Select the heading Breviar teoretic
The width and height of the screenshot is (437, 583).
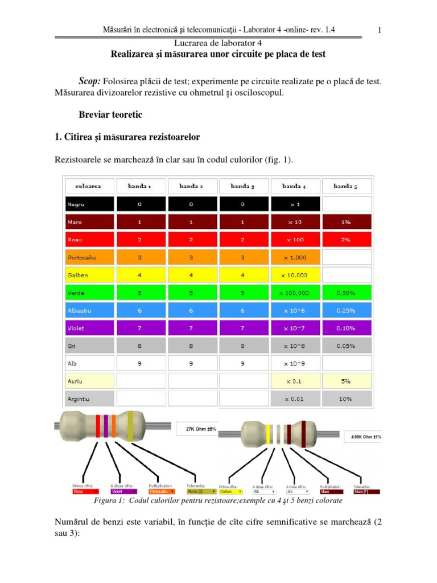coord(110,114)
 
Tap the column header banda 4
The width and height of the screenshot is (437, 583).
coord(296,186)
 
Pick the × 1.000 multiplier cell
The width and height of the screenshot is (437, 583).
coord(296,257)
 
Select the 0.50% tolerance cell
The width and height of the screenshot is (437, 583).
coord(346,293)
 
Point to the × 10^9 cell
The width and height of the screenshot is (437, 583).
coord(296,363)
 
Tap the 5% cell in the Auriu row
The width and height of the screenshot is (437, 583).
coord(346,381)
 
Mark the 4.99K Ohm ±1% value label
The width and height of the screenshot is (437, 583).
coord(364,437)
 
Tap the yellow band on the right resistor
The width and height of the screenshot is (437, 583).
coord(268,434)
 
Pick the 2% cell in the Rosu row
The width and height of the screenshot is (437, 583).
coord(346,239)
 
